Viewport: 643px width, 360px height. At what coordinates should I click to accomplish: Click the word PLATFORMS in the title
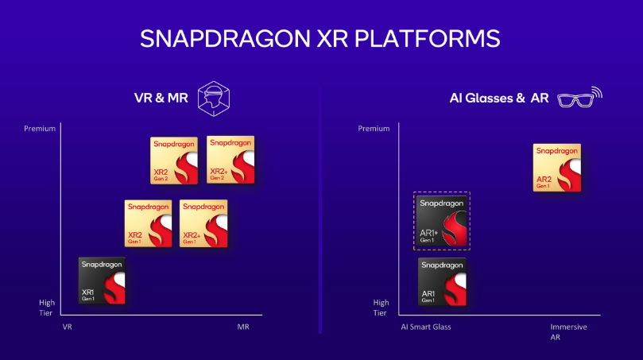tap(427, 38)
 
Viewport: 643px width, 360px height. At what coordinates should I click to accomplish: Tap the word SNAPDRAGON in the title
tap(225, 38)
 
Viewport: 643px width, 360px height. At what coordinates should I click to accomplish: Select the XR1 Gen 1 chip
tap(102, 281)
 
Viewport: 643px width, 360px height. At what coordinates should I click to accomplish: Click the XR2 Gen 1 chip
tap(148, 223)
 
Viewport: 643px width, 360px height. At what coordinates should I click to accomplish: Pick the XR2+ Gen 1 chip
tap(203, 223)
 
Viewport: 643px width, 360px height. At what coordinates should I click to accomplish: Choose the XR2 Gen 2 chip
tap(174, 161)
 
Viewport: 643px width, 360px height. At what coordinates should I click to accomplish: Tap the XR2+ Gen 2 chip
tap(230, 160)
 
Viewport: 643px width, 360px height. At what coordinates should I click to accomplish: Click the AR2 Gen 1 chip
tap(557, 168)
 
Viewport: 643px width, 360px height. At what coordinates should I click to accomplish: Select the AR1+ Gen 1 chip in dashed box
tap(442, 221)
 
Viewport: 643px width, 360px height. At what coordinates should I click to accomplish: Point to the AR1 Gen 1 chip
tap(442, 281)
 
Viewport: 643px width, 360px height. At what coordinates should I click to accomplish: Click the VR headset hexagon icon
tap(214, 99)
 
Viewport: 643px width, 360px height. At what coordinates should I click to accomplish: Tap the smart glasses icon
tap(579, 98)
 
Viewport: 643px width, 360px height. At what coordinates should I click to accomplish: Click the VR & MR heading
tap(161, 98)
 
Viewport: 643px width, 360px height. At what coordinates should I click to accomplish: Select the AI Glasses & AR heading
tap(499, 98)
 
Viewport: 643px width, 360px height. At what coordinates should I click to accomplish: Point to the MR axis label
tap(243, 327)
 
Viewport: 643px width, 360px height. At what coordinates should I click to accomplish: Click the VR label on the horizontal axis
tap(68, 327)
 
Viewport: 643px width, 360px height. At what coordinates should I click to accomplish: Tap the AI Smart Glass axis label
tap(426, 327)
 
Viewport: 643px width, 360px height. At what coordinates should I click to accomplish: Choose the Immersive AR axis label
tap(568, 331)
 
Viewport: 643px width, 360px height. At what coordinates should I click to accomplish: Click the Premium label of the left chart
tap(40, 128)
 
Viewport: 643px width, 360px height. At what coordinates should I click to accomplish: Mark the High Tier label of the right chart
tap(381, 308)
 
